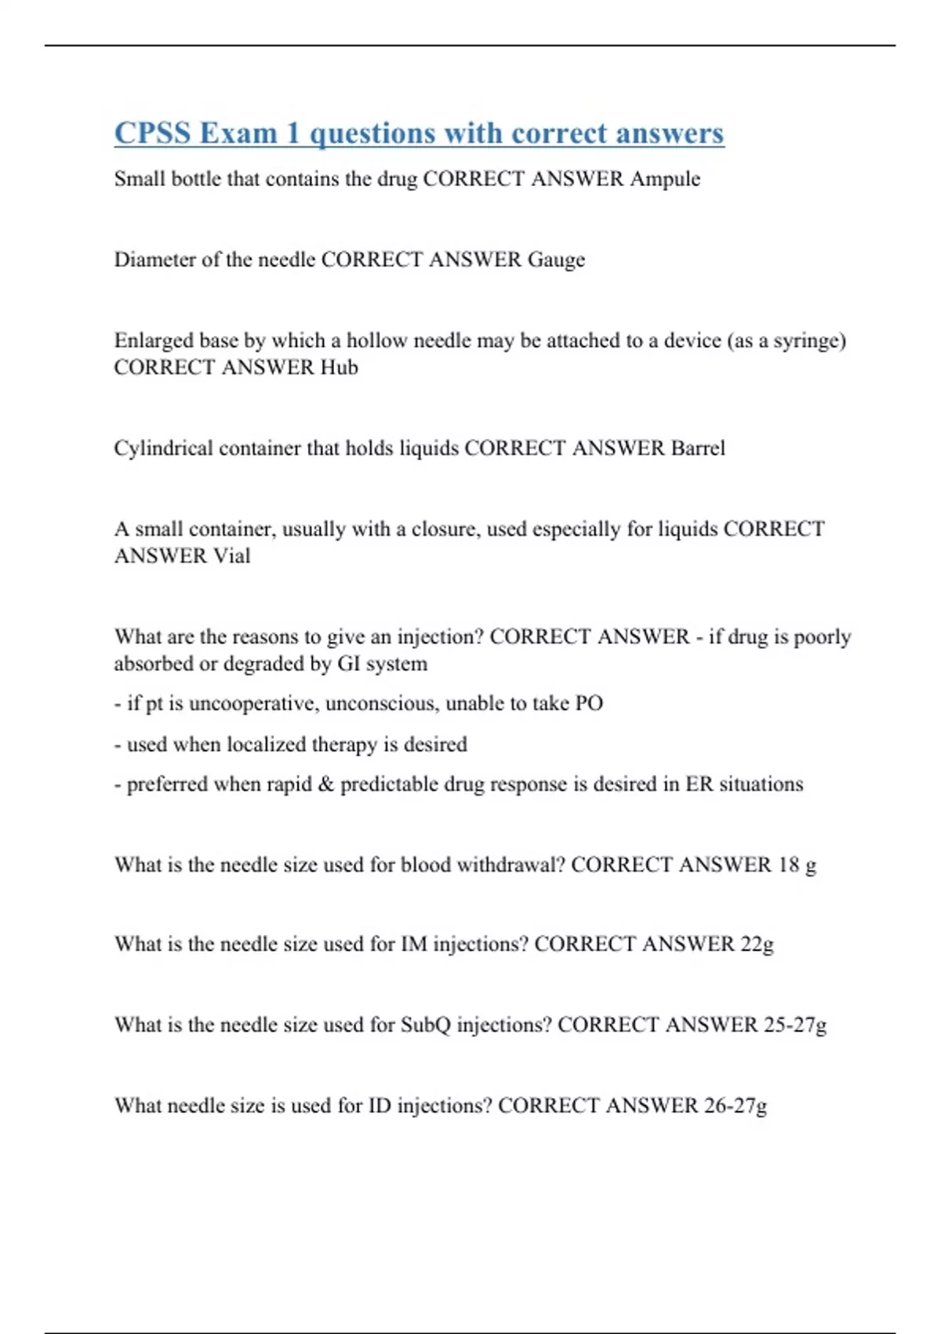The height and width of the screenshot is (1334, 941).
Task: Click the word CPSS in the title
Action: click(x=153, y=133)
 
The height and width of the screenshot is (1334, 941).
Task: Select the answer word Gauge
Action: click(x=556, y=260)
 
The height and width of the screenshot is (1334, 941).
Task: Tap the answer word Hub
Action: click(x=339, y=367)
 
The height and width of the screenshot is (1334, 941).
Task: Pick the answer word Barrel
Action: click(x=698, y=448)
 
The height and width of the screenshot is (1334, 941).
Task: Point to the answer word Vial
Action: click(x=231, y=556)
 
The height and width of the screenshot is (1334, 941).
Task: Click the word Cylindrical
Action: click(x=163, y=448)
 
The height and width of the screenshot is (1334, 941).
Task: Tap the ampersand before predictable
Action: click(x=326, y=784)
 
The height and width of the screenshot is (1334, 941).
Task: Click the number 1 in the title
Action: click(x=293, y=133)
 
